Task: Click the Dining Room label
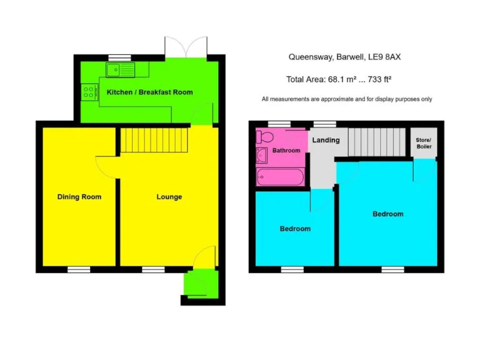point(79,197)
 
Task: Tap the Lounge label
point(169,197)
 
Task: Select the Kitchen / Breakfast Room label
point(149,92)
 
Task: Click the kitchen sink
point(121,69)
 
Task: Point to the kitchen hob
point(88,92)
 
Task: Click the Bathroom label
point(286,151)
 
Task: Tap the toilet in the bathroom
point(265,137)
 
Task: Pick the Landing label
point(326,140)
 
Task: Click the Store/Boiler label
point(424,143)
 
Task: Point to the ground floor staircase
point(154,140)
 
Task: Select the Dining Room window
point(79,269)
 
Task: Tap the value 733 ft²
point(378,79)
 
